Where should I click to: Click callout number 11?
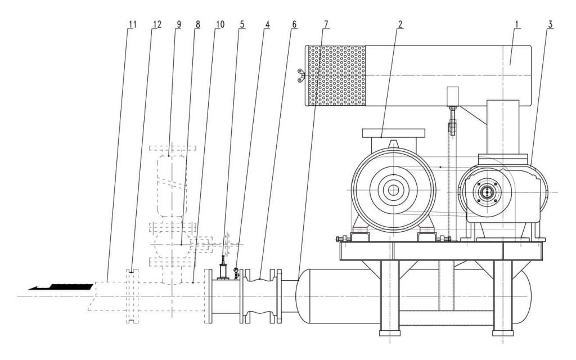point(132,25)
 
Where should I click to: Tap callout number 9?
point(178,25)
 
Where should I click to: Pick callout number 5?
point(242,25)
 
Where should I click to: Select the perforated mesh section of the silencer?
point(336,75)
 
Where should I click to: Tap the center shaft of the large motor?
point(393,192)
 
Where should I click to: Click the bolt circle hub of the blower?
point(485,192)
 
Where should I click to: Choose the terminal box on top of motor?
point(393,133)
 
